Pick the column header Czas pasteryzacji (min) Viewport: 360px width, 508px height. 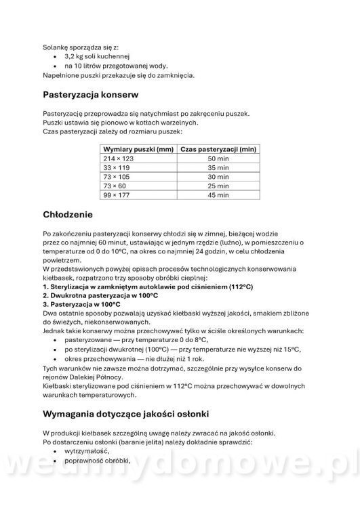coord(217,148)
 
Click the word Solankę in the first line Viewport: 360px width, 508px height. coord(58,47)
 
